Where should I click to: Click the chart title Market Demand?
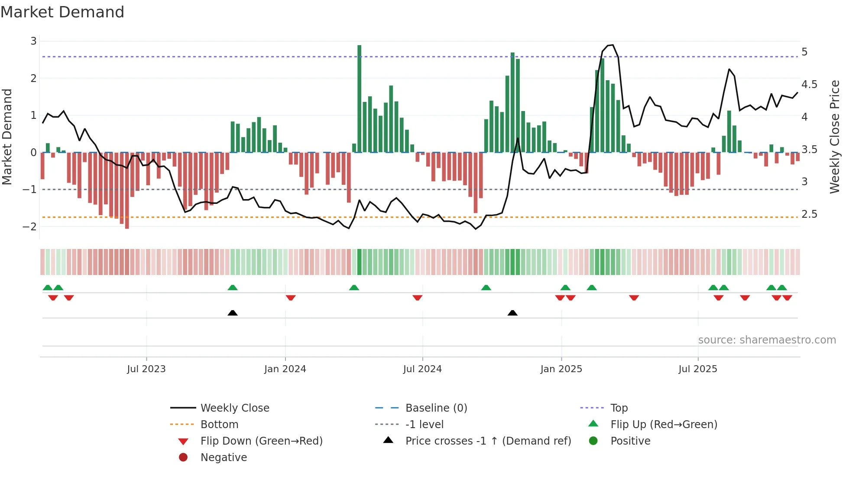[x=62, y=12]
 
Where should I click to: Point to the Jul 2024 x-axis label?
[x=422, y=369]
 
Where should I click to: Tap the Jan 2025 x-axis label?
[x=561, y=369]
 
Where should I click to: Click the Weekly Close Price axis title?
[x=835, y=137]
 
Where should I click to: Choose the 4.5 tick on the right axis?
[x=809, y=85]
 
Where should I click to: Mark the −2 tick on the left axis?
[x=30, y=226]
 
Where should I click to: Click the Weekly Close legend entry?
[x=234, y=408]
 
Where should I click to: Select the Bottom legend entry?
[x=219, y=425]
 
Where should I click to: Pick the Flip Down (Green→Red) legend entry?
[x=261, y=441]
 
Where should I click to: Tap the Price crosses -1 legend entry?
[x=488, y=441]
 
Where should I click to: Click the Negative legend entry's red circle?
[x=183, y=458]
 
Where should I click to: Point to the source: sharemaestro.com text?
[x=767, y=340]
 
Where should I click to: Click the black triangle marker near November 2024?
[x=512, y=313]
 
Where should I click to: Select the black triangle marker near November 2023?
[x=233, y=313]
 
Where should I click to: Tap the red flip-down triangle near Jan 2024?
[x=291, y=298]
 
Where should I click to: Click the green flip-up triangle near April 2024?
[x=354, y=288]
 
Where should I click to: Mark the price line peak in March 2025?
[x=612, y=45]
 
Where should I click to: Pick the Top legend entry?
[x=619, y=408]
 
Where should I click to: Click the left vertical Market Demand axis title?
[x=7, y=137]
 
